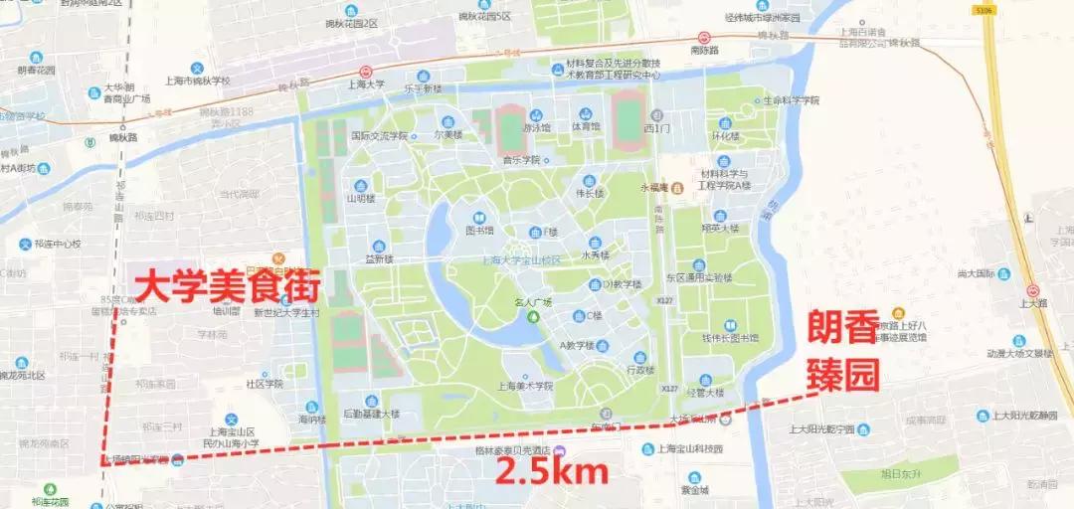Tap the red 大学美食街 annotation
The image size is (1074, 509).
227,288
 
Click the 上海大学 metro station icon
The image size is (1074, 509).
366,72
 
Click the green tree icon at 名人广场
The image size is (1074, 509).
532,316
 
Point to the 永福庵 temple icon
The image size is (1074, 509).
676,187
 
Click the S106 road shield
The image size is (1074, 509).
984,10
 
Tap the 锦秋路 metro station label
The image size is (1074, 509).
123,136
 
